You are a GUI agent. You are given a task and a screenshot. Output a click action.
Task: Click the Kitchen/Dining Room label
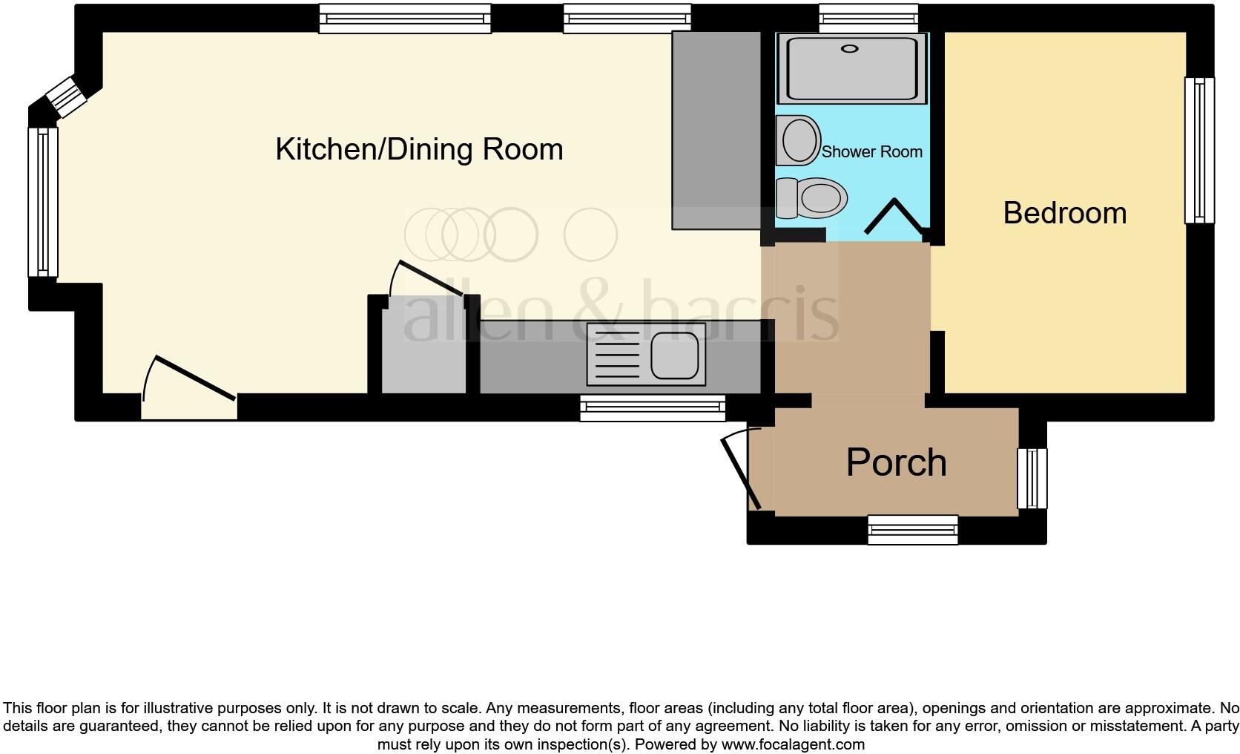419,149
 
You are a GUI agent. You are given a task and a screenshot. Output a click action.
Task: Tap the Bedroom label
1064,213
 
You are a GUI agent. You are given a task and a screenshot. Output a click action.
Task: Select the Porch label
896,462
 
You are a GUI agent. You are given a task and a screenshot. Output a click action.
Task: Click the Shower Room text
871,152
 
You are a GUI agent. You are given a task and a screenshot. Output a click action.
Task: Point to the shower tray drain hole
849,49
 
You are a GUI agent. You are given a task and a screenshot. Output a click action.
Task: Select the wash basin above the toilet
799,140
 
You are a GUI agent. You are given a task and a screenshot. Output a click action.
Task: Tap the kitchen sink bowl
674,354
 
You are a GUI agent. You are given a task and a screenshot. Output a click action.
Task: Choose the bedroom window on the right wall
1199,150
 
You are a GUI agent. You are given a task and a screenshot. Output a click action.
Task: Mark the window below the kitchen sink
652,407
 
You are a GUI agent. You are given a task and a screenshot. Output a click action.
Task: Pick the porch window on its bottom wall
913,530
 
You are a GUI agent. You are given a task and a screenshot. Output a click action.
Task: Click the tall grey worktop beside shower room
716,130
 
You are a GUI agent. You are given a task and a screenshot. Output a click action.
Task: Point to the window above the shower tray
868,18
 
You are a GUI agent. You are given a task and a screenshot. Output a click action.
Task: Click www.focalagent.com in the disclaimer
792,744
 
